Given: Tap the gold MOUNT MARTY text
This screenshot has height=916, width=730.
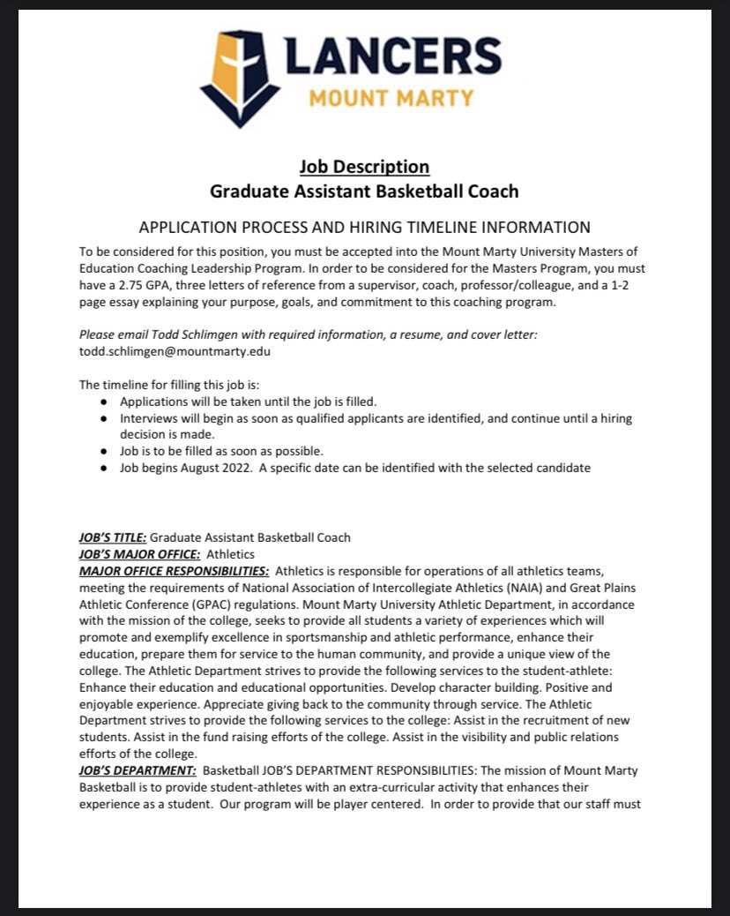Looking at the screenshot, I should [391, 97].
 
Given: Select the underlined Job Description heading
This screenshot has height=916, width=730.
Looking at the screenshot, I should [364, 166].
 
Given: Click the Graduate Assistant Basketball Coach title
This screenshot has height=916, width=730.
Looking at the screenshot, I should [364, 190].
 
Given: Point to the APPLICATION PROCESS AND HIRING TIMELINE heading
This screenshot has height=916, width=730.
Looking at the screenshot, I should [364, 227].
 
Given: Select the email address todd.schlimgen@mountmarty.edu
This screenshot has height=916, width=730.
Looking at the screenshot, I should [175, 350].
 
